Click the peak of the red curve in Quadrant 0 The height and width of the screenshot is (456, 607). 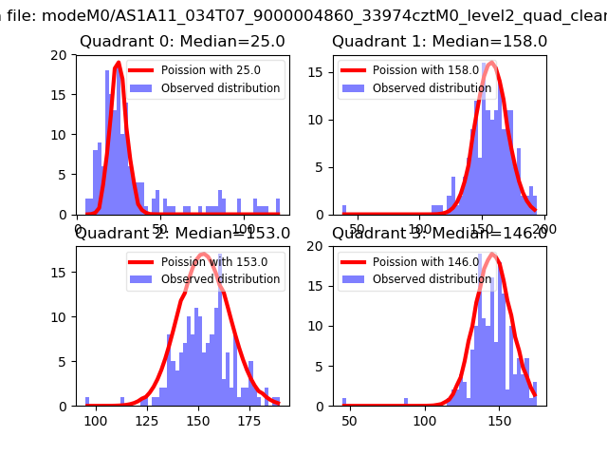(x=119, y=64)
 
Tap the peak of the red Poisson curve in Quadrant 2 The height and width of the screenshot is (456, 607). (x=203, y=254)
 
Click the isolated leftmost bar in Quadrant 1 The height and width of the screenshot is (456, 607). (x=344, y=210)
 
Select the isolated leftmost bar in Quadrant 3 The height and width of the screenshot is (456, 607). (x=344, y=402)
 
